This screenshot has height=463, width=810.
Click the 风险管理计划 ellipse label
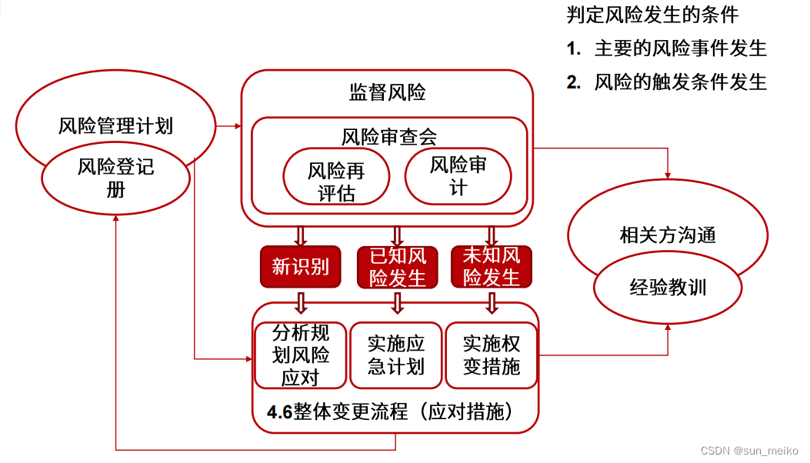point(115,126)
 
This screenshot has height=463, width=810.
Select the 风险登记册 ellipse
point(115,177)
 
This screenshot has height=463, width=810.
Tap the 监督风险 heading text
point(387,93)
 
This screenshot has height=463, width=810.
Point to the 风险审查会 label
point(389,137)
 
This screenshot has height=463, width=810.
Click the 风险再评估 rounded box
point(336,180)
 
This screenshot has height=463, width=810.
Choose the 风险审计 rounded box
point(458,175)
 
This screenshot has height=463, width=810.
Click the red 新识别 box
point(300,266)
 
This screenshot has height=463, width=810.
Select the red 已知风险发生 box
point(397,266)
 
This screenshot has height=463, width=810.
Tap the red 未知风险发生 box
point(492,266)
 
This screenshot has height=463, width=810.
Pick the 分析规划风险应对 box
point(300,355)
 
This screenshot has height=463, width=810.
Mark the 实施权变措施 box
point(492,355)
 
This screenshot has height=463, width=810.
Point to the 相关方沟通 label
point(667,235)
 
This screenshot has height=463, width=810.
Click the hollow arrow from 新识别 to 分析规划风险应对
point(300,301)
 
